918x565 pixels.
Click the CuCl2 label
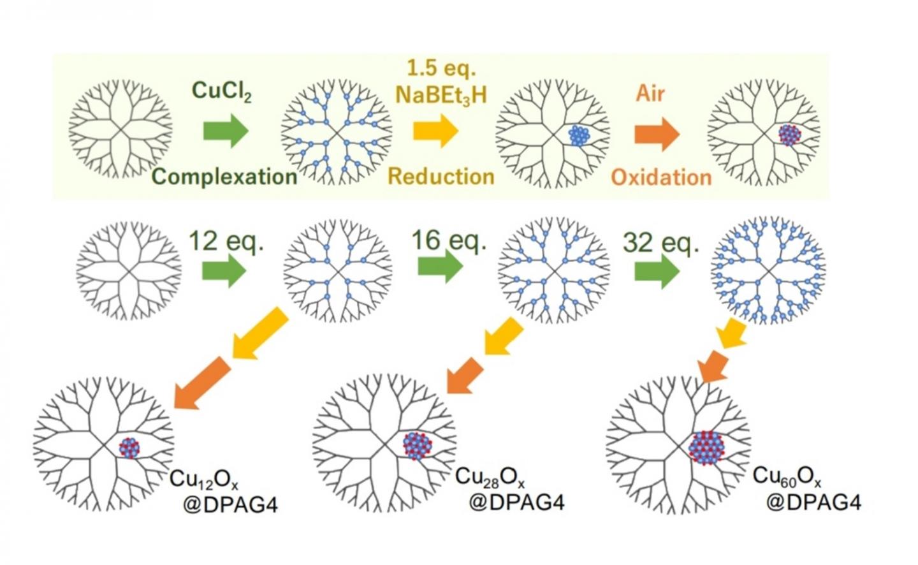point(221,92)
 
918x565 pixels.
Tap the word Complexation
point(224,177)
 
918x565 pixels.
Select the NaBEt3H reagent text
point(441,94)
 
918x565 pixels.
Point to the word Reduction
point(441,176)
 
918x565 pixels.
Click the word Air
point(650,94)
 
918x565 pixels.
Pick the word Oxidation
point(661,177)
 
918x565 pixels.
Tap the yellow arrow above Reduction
point(435,131)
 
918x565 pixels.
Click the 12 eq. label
point(226,242)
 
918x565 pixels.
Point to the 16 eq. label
point(448,240)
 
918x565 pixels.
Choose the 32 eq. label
point(660,243)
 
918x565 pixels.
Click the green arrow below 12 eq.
point(224,271)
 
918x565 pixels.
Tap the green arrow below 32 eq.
point(657,272)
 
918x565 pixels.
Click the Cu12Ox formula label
point(203,480)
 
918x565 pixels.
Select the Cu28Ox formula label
point(490,478)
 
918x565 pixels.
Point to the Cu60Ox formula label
point(786,476)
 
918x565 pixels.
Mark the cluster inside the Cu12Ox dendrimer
point(129,448)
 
